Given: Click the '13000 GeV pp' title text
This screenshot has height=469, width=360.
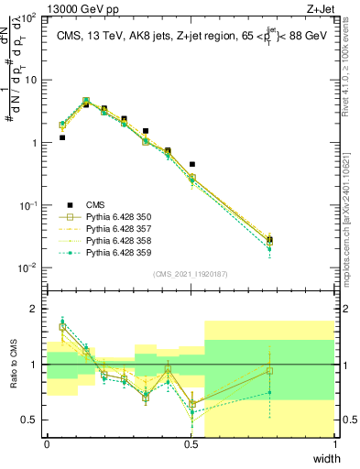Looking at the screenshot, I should click(51, 7).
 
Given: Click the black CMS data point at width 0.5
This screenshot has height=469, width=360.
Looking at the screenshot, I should click(191, 165).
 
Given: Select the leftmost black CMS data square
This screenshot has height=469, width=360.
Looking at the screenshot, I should click(62, 137).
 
